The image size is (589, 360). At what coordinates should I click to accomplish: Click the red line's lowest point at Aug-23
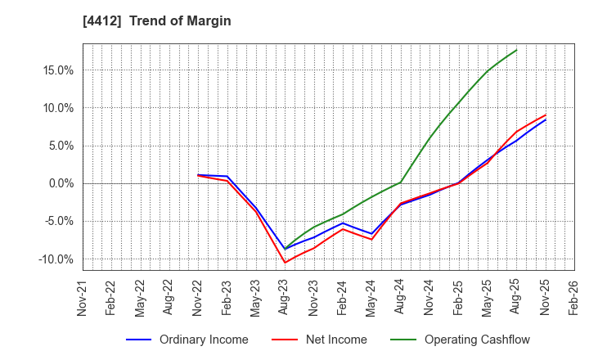pos(285,263)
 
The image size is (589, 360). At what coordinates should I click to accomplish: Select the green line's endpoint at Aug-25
pos(516,50)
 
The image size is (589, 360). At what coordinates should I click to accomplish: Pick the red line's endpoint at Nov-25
pos(546,115)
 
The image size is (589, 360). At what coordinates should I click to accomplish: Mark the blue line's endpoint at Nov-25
pos(546,120)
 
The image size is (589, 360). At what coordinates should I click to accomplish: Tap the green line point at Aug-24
pos(401,182)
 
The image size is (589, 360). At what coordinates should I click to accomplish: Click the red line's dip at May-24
pos(371,240)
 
